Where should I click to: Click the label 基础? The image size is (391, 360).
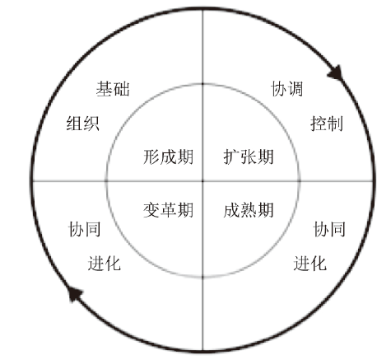tap(113, 89)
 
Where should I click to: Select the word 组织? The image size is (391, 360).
tap(83, 124)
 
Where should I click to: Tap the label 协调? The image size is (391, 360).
tap(287, 89)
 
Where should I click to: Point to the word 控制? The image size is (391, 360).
tap(327, 124)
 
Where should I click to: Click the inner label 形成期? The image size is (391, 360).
tap(168, 157)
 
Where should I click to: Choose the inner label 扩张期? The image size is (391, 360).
tap(249, 157)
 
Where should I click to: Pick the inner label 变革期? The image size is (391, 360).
tap(168, 210)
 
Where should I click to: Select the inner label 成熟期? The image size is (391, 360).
tap(249, 210)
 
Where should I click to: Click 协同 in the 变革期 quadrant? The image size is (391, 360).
tap(84, 229)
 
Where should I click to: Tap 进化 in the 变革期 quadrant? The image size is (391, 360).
tap(105, 264)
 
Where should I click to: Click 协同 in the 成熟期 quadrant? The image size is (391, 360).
tap(329, 229)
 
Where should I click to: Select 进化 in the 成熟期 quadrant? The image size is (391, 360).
tap(310, 264)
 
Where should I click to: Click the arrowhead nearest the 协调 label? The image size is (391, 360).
tap(336, 73)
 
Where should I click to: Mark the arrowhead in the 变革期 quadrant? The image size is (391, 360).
tap(75, 294)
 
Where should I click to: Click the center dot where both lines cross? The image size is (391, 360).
tap(202, 181)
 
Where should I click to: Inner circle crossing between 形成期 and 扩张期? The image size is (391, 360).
tap(202, 84)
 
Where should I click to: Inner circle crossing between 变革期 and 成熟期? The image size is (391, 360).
tap(202, 277)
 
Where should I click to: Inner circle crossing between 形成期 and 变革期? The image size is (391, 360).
tap(106, 181)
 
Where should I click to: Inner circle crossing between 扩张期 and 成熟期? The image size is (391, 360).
tap(300, 181)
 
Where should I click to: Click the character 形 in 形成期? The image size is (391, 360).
tap(151, 157)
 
